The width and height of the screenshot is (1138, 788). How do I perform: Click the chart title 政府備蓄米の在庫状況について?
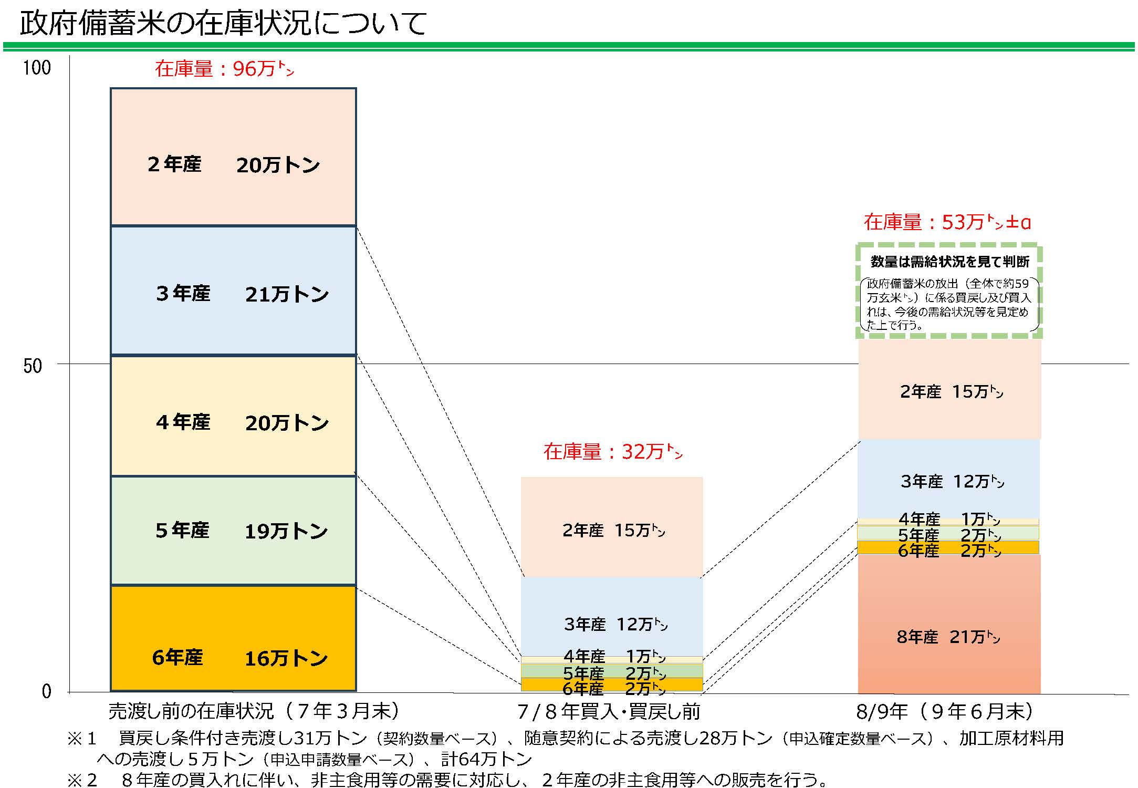(x=223, y=24)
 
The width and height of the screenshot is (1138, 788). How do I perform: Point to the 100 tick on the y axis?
(x=37, y=68)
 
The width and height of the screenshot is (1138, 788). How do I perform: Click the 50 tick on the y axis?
(x=33, y=366)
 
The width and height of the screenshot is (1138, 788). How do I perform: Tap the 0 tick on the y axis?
(x=47, y=691)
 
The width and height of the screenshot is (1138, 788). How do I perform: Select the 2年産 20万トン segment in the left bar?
(x=233, y=158)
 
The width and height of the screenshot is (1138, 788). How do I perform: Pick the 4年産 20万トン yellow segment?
(x=233, y=416)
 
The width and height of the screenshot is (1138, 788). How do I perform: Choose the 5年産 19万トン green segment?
(x=233, y=531)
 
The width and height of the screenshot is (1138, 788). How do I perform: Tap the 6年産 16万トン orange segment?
(x=233, y=638)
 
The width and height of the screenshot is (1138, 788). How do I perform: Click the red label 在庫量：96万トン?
(x=224, y=69)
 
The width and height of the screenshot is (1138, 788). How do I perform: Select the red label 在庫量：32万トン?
(x=613, y=452)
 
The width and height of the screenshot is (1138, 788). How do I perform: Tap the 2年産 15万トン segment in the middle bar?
(x=612, y=527)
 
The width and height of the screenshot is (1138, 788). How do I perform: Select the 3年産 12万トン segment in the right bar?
(x=949, y=479)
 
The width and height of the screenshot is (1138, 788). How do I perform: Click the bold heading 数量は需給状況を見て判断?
(x=949, y=261)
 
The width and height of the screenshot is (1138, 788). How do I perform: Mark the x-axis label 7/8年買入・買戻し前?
(x=609, y=711)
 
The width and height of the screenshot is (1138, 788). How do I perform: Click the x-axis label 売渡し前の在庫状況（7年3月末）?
(x=254, y=711)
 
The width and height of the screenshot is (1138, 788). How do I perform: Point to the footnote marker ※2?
(x=82, y=780)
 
